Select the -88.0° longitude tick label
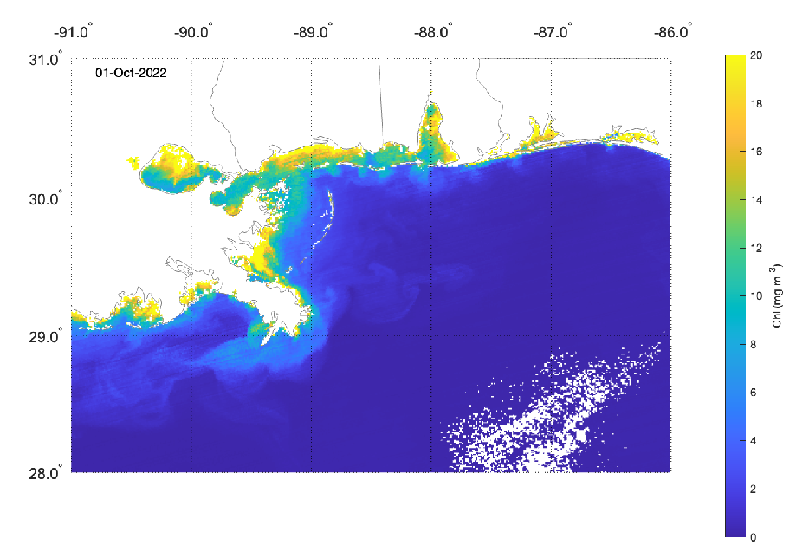[x=433, y=34]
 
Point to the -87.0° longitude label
[x=553, y=34]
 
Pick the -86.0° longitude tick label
[x=674, y=34]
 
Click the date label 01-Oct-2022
[x=131, y=73]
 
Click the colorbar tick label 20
[x=758, y=55]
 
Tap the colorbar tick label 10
[x=758, y=296]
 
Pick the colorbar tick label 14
[x=758, y=200]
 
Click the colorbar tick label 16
[x=758, y=152]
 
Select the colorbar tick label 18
[x=758, y=104]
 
